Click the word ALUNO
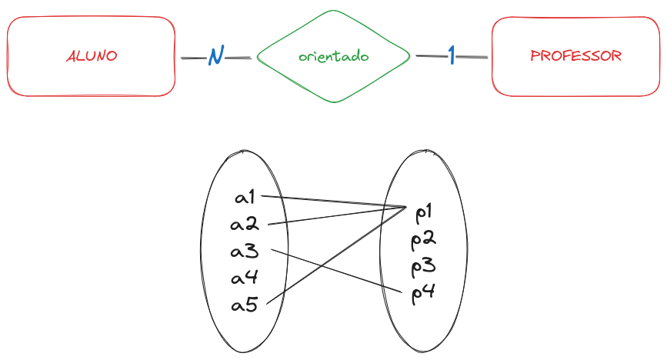tap(92, 57)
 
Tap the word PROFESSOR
tap(575, 56)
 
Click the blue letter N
tap(215, 57)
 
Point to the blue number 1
tap(452, 55)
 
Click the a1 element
tap(245, 198)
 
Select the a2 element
tap(245, 225)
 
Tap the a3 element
tap(245, 252)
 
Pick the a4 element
tap(245, 278)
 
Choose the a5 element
tap(245, 305)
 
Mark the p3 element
tap(424, 267)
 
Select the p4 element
tap(424, 292)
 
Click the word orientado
tap(333, 57)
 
